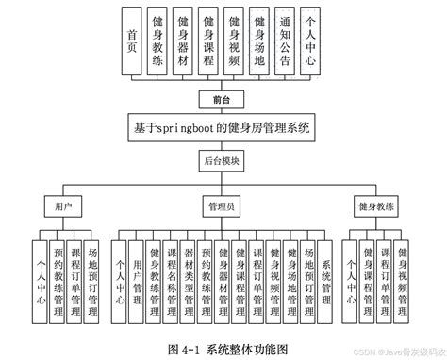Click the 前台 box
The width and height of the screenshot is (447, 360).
(223, 97)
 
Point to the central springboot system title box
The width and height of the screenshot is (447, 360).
(223, 126)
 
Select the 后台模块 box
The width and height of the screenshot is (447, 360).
(223, 161)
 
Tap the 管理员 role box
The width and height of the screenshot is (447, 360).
(223, 205)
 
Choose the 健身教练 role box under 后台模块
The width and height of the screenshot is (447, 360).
(376, 205)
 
